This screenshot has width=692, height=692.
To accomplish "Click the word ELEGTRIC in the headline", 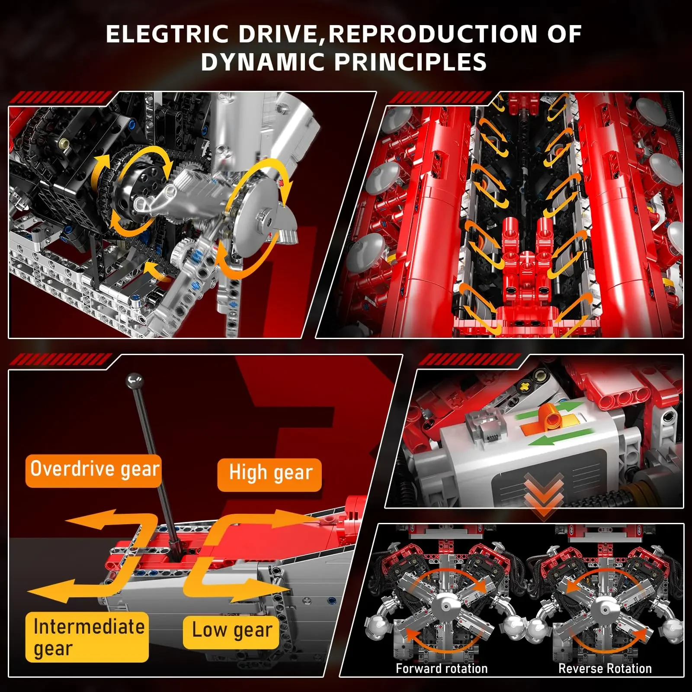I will click(167, 34).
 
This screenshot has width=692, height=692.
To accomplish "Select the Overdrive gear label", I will click(94, 470).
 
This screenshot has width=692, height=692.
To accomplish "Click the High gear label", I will click(270, 474).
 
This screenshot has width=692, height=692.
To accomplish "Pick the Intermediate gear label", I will click(88, 637).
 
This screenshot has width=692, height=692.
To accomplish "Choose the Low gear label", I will click(232, 631).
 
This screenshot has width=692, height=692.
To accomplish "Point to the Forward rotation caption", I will click(442, 668).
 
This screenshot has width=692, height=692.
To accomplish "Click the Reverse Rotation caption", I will click(605, 668).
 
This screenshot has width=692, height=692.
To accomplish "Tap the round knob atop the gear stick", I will click(134, 380).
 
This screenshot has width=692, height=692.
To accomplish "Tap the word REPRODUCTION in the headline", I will click(433, 34).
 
